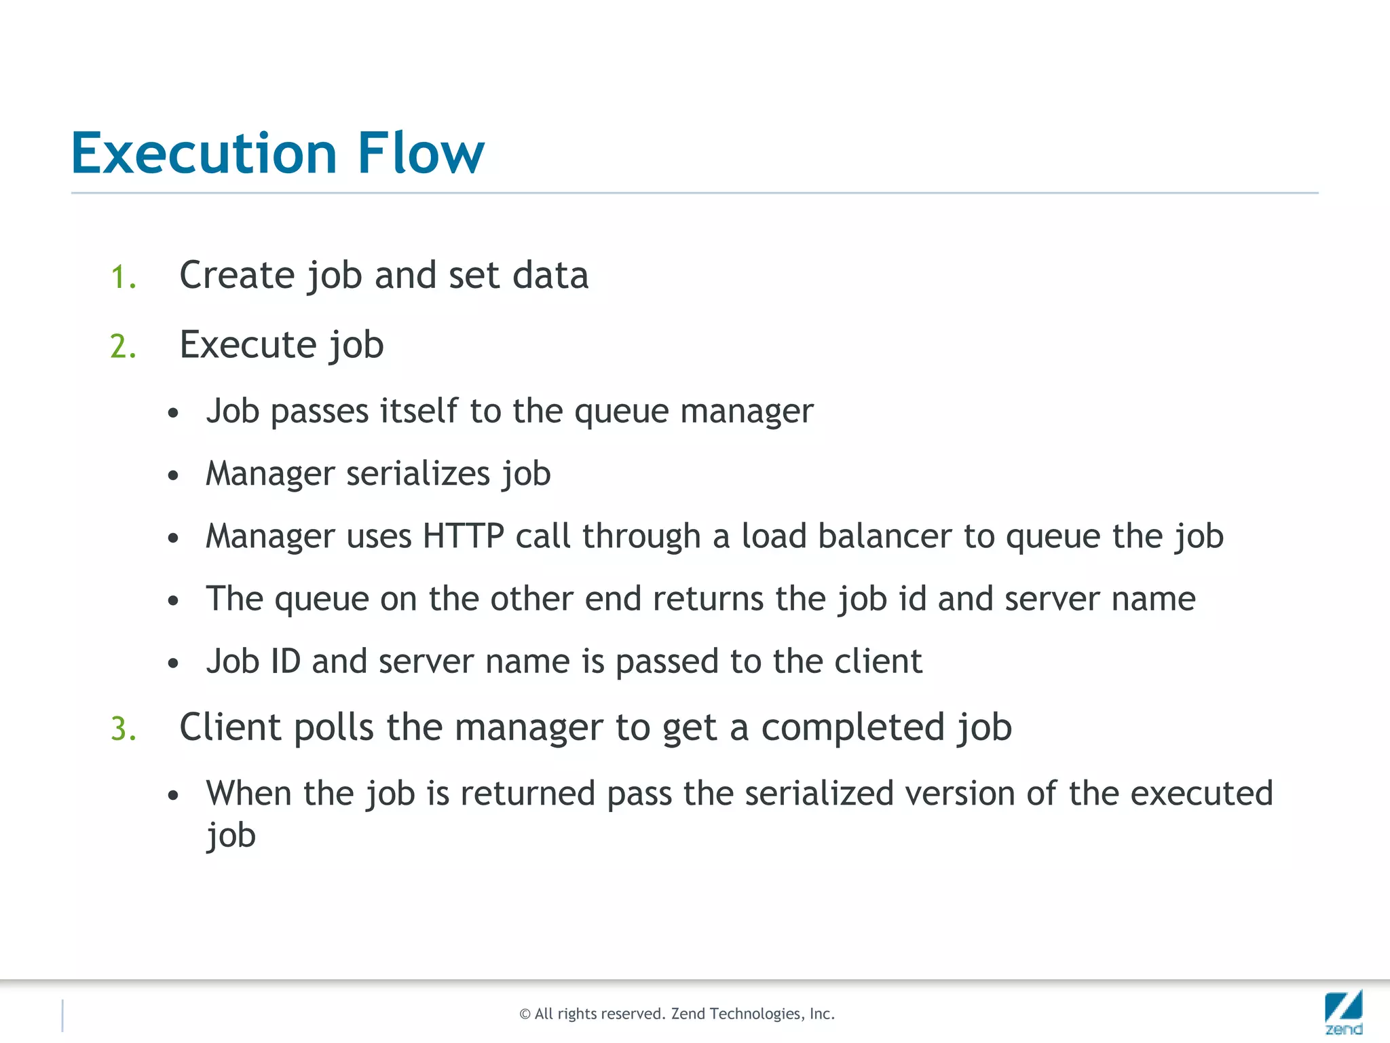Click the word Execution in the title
(204, 153)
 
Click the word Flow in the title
(421, 153)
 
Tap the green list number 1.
(123, 278)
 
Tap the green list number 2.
(123, 347)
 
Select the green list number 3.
(123, 729)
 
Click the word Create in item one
(237, 276)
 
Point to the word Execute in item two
(248, 345)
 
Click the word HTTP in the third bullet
(464, 536)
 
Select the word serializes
(418, 473)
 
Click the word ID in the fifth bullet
(285, 661)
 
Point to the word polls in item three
(333, 727)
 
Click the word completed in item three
(852, 727)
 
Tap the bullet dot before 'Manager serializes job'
(173, 475)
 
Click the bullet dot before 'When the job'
(173, 795)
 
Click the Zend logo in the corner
(1343, 1012)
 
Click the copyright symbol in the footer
(525, 1014)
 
